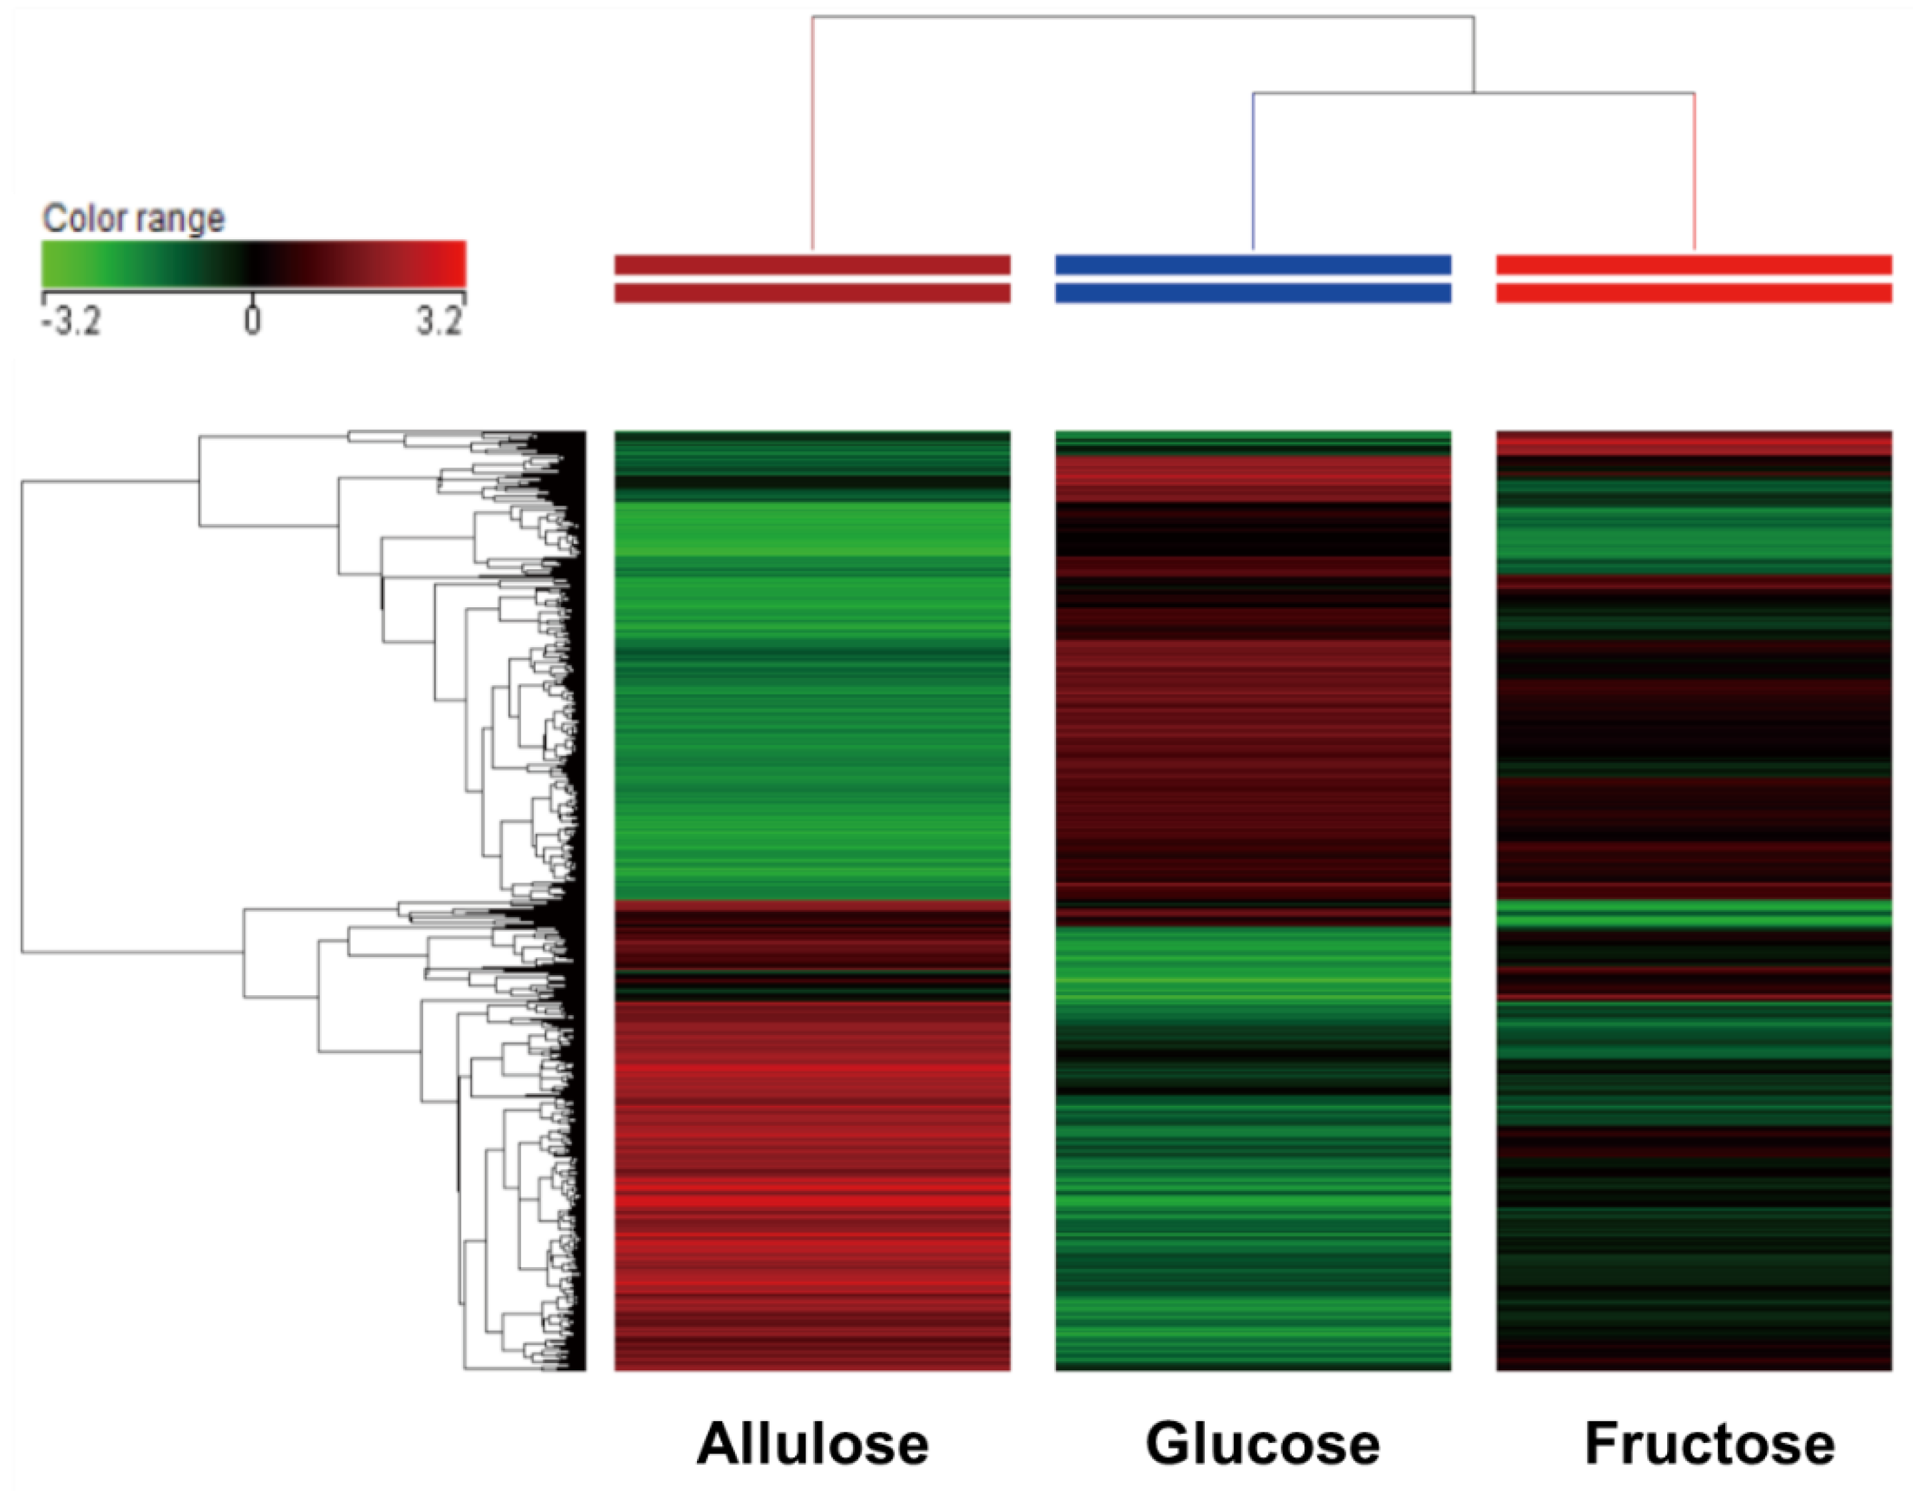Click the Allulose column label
pos(812,1443)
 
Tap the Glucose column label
pos(1262,1443)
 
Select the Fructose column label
pos(1709,1443)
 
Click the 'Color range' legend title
pos(133,218)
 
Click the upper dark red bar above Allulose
pos(812,265)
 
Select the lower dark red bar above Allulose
pos(812,293)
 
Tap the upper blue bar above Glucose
pos(1253,265)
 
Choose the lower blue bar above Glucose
pos(1253,293)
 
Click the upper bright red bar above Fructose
pos(1693,265)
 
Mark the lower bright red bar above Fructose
pos(1693,293)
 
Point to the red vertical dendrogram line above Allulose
pos(812,131)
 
